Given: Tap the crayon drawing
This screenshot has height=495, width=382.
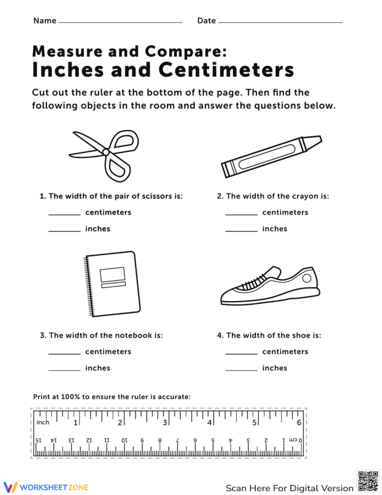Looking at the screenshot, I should (271, 156).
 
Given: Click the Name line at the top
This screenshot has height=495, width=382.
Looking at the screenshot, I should (120, 22).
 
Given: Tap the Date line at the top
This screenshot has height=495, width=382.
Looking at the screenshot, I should (280, 22).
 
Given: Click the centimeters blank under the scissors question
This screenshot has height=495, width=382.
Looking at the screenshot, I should (64, 214).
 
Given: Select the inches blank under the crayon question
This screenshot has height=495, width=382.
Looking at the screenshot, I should (241, 231).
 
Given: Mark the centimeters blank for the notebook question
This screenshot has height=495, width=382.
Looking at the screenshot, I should (64, 353).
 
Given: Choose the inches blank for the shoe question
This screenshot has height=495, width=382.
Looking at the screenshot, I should (241, 370).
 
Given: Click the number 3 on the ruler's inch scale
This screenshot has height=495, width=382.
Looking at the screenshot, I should (165, 422).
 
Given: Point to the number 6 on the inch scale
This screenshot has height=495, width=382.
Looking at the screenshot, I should (299, 422).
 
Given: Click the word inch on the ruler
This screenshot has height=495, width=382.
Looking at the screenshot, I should (43, 422).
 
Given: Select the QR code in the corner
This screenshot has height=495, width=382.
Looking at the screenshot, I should (368, 481).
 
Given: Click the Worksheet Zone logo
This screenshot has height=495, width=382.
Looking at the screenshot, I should (46, 487).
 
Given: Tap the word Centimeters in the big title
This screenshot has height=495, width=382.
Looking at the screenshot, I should (226, 70).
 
